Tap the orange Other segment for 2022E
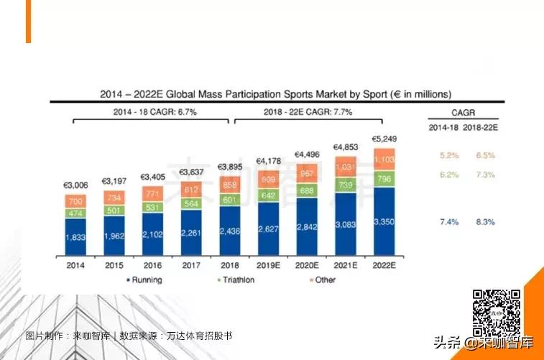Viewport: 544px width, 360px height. (x=384, y=159)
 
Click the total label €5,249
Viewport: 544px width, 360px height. (x=384, y=139)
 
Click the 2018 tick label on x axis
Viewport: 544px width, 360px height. (x=229, y=265)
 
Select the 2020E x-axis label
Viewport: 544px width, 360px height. (x=307, y=265)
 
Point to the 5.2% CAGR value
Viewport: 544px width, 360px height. (x=445, y=155)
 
